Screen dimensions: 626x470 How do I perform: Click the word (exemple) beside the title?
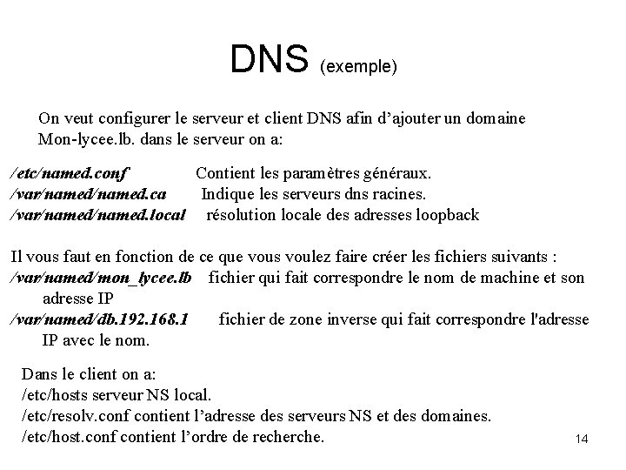point(358,66)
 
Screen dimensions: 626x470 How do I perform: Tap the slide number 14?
point(582,440)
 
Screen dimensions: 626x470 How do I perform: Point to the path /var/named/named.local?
point(97,214)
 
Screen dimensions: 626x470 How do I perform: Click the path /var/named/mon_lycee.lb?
point(100,278)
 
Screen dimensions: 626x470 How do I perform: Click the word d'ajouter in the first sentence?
point(405,117)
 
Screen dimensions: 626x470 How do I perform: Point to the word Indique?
point(230,195)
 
